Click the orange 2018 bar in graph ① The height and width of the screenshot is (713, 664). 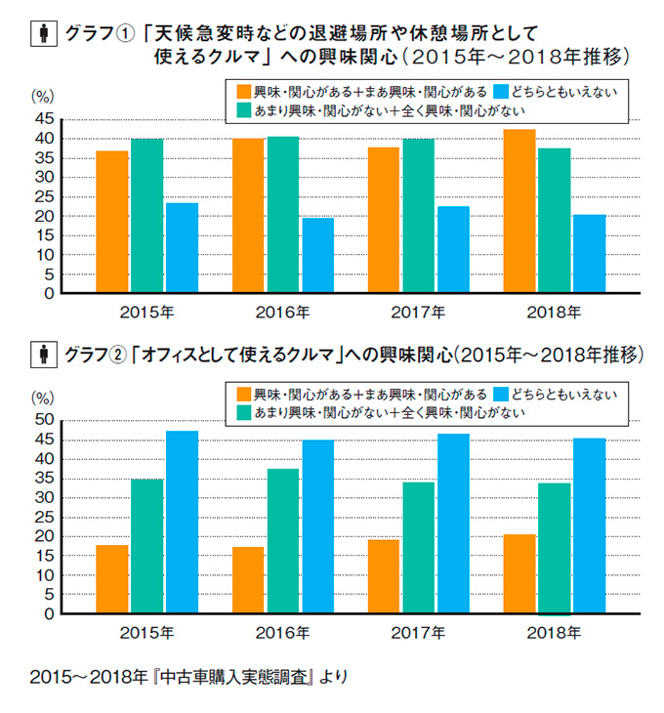(519, 211)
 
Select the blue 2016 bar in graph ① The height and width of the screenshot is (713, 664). (317, 255)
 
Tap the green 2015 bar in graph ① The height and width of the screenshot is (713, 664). (146, 216)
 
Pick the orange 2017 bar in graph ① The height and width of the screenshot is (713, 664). (384, 221)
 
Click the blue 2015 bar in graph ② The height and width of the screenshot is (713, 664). (182, 523)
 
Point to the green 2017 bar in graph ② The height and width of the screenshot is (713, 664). (418, 548)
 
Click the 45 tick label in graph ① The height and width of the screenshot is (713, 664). (45, 118)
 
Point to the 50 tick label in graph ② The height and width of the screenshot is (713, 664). (45, 420)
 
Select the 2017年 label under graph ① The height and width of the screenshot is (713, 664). (419, 314)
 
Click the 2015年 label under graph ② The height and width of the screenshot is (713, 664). (147, 634)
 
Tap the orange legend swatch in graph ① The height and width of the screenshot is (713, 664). (244, 91)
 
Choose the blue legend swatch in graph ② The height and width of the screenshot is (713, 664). (502, 394)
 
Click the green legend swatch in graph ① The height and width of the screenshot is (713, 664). (244, 110)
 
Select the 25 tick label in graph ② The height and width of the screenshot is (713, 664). (45, 517)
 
